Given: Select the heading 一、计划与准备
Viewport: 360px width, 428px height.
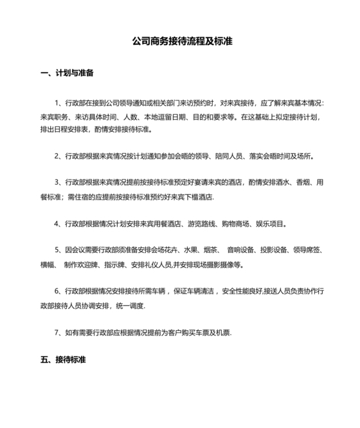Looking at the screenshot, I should coord(67,73).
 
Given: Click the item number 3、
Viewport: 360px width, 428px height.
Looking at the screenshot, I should coord(59,183).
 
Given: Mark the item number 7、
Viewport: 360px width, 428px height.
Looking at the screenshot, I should coord(59,332).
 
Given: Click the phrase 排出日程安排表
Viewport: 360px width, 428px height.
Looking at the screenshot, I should coord(64,129).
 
